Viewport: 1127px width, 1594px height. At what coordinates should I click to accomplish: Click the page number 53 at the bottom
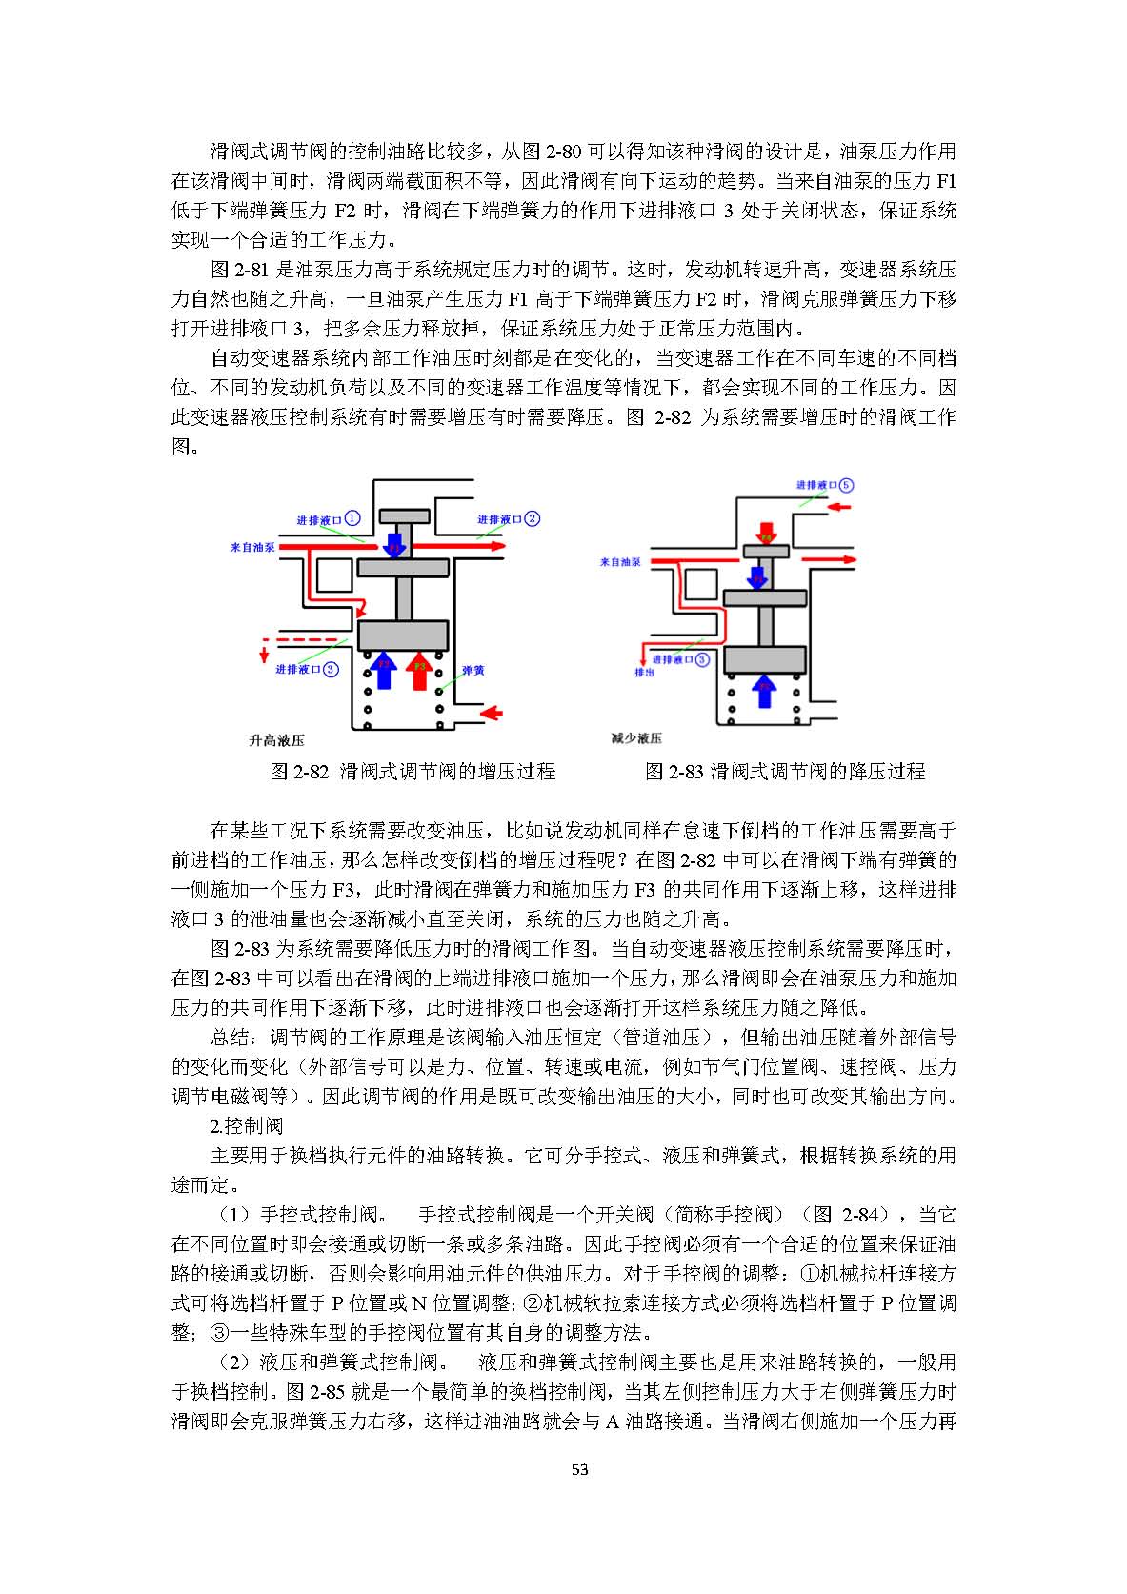tap(579, 1469)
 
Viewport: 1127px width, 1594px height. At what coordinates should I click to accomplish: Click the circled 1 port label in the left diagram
tap(352, 518)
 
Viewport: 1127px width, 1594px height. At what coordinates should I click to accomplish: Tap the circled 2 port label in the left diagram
tap(533, 518)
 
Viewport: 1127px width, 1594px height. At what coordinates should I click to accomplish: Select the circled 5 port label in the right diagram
tap(846, 484)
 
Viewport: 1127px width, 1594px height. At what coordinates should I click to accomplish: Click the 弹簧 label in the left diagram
tap(473, 670)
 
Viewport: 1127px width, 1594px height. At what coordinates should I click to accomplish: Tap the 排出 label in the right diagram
tap(645, 672)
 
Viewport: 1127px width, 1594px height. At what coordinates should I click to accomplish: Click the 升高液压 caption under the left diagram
tap(276, 739)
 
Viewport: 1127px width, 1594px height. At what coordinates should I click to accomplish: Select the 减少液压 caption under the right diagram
tap(636, 737)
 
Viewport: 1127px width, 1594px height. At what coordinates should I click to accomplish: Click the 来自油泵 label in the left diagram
tap(252, 548)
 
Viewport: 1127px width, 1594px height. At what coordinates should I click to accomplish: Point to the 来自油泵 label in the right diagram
tap(620, 562)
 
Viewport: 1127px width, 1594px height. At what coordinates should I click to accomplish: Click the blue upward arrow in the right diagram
tap(763, 690)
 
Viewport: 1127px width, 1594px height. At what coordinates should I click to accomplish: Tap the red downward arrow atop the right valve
tap(766, 532)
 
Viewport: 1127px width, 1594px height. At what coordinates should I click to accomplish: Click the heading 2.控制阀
tap(246, 1125)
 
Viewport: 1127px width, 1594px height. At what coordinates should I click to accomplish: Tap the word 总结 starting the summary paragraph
tap(230, 1037)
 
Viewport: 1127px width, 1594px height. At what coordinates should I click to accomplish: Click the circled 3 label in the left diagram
tap(331, 669)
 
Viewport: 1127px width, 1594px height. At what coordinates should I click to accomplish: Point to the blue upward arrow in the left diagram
tap(383, 669)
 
